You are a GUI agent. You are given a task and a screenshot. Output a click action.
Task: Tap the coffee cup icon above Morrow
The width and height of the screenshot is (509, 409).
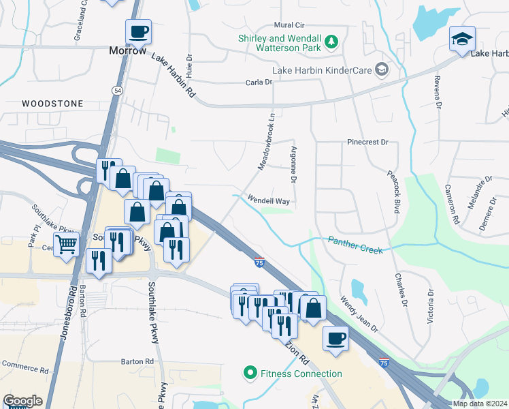pos(138,31)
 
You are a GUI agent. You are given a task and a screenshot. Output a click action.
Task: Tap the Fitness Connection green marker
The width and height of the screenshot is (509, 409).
pos(250,373)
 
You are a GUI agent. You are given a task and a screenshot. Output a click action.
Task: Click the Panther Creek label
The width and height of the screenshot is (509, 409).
pos(355,245)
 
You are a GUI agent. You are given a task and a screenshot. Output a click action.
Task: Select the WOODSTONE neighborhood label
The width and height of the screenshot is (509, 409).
pos(52,104)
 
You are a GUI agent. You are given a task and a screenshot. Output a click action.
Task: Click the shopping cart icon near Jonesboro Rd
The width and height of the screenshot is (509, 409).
pos(67,243)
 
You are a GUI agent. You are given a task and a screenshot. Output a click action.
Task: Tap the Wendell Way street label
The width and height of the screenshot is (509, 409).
pos(269,201)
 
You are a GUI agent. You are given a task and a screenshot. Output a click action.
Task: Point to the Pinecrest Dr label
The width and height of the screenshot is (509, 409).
pos(367,143)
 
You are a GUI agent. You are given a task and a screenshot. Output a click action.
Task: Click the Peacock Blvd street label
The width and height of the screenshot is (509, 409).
pos(394,192)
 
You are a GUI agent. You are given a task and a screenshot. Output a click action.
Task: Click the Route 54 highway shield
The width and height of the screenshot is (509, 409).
pos(118,90)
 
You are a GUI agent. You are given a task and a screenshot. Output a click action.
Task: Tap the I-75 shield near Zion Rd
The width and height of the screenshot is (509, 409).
pos(259,262)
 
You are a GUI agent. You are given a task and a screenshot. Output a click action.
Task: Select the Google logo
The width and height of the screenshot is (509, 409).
pos(22,401)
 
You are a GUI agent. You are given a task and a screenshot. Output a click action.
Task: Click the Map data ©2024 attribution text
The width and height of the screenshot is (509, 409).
pos(480,404)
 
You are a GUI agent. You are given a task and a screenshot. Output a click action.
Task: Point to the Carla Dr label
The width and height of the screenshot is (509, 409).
pos(259,82)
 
